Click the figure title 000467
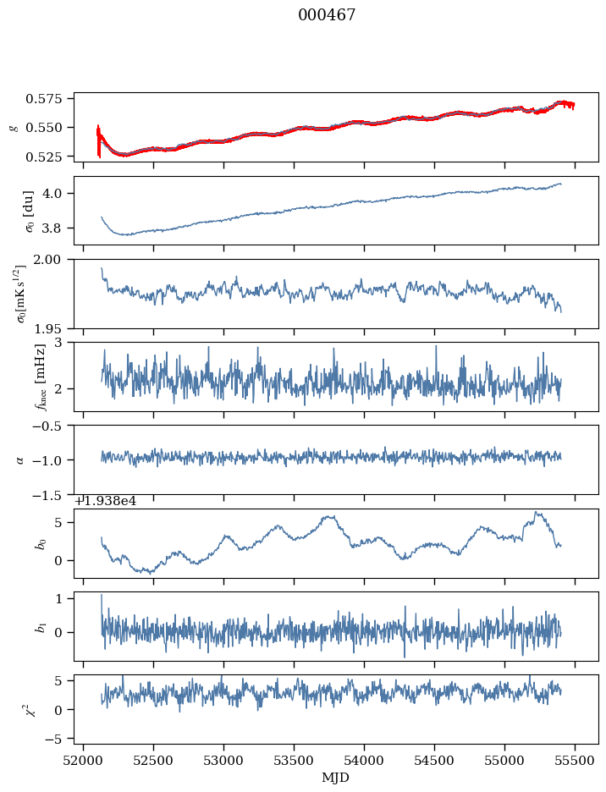[327, 15]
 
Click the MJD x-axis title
[336, 777]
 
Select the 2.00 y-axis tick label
[55, 260]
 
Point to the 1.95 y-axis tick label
[55, 327]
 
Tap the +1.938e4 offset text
[105, 501]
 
